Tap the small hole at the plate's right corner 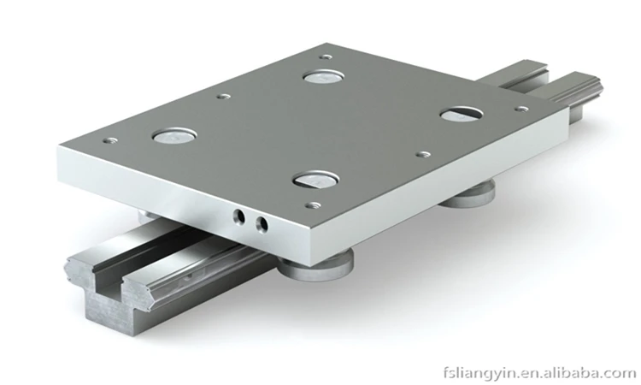tap(520, 109)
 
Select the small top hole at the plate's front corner tap(314, 205)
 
